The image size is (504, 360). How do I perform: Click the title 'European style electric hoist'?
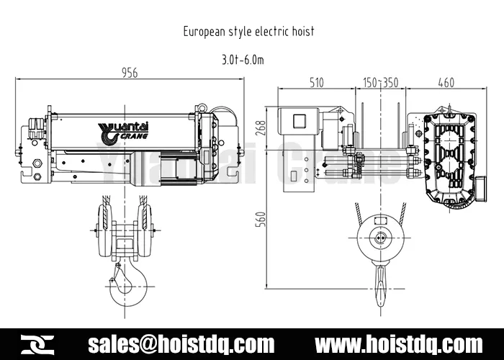(248, 32)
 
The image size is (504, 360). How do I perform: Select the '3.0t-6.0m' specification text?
(243, 60)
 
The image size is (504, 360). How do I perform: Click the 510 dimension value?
(316, 83)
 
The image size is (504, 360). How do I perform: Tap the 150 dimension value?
(371, 83)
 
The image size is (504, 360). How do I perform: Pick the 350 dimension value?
(390, 83)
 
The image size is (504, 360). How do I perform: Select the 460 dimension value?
(446, 83)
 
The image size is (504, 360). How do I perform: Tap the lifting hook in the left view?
(122, 284)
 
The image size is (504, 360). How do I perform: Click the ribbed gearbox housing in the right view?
(451, 158)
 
